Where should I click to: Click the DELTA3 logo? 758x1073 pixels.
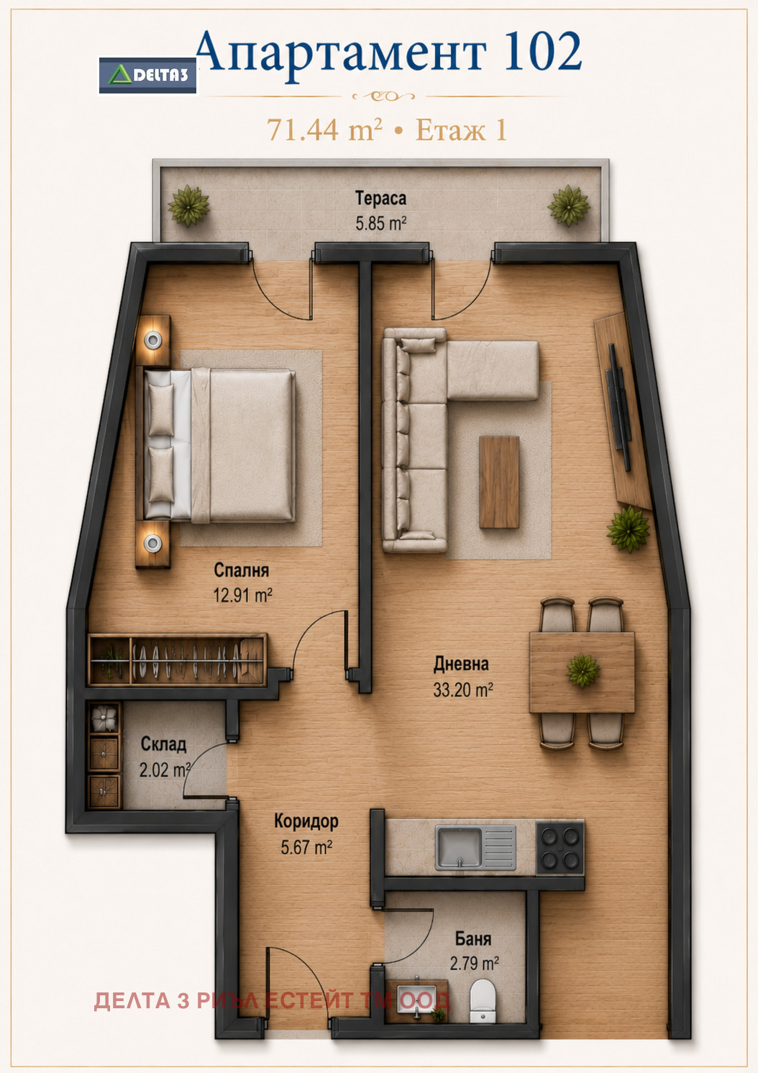pyautogui.click(x=147, y=76)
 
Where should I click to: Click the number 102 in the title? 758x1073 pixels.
pyautogui.click(x=544, y=51)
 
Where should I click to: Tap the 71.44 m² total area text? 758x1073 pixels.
pyautogui.click(x=324, y=130)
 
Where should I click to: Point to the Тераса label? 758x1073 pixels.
pyautogui.click(x=380, y=198)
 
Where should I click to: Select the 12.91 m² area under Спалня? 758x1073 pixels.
pyautogui.click(x=243, y=595)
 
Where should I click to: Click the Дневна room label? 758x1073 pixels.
pyautogui.click(x=461, y=664)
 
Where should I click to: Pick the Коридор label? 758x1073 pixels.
pyautogui.click(x=306, y=821)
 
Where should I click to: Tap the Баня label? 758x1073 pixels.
pyautogui.click(x=473, y=939)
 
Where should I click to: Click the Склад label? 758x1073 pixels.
pyautogui.click(x=163, y=744)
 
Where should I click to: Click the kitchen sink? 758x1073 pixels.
pyautogui.click(x=475, y=847)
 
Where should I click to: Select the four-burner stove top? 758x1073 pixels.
pyautogui.click(x=560, y=847)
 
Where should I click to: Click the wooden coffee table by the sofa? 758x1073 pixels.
pyautogui.click(x=499, y=482)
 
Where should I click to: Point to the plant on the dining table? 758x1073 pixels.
pyautogui.click(x=583, y=670)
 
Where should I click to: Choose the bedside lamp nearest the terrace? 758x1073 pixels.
pyautogui.click(x=153, y=341)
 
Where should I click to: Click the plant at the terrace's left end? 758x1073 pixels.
pyautogui.click(x=188, y=206)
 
